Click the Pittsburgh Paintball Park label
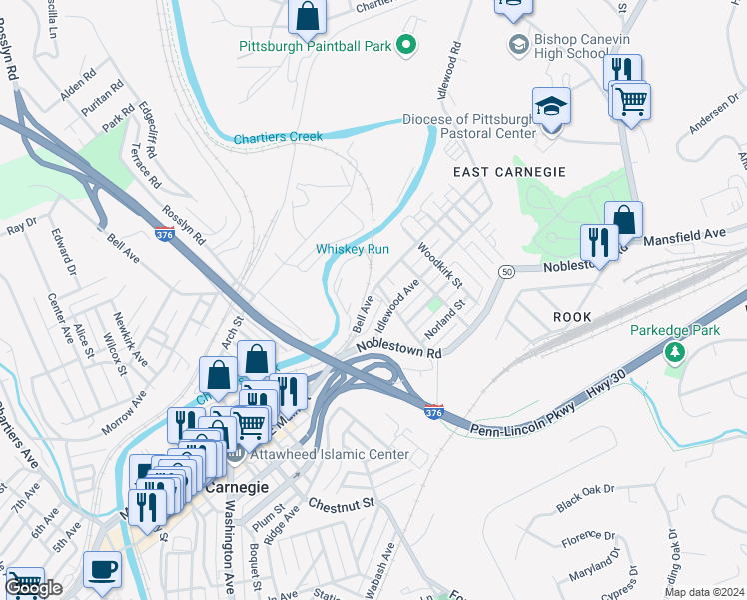(315, 46)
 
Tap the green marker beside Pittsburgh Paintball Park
(405, 44)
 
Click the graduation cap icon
(550, 107)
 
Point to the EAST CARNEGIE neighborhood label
(509, 172)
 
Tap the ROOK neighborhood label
(573, 317)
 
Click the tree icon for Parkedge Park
(676, 352)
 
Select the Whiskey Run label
(352, 249)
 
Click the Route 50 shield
(507, 271)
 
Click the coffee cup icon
(102, 569)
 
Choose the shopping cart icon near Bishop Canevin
(630, 99)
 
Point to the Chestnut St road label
(340, 502)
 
